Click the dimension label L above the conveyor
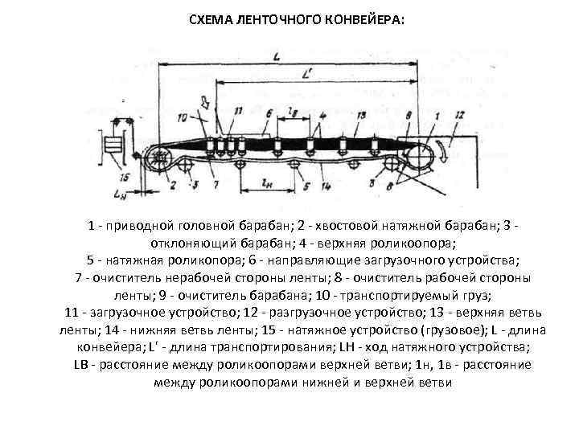point(276,56)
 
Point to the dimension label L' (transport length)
point(308,73)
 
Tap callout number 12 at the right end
point(459,117)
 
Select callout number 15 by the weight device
point(123,177)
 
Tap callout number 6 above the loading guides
point(248,112)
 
